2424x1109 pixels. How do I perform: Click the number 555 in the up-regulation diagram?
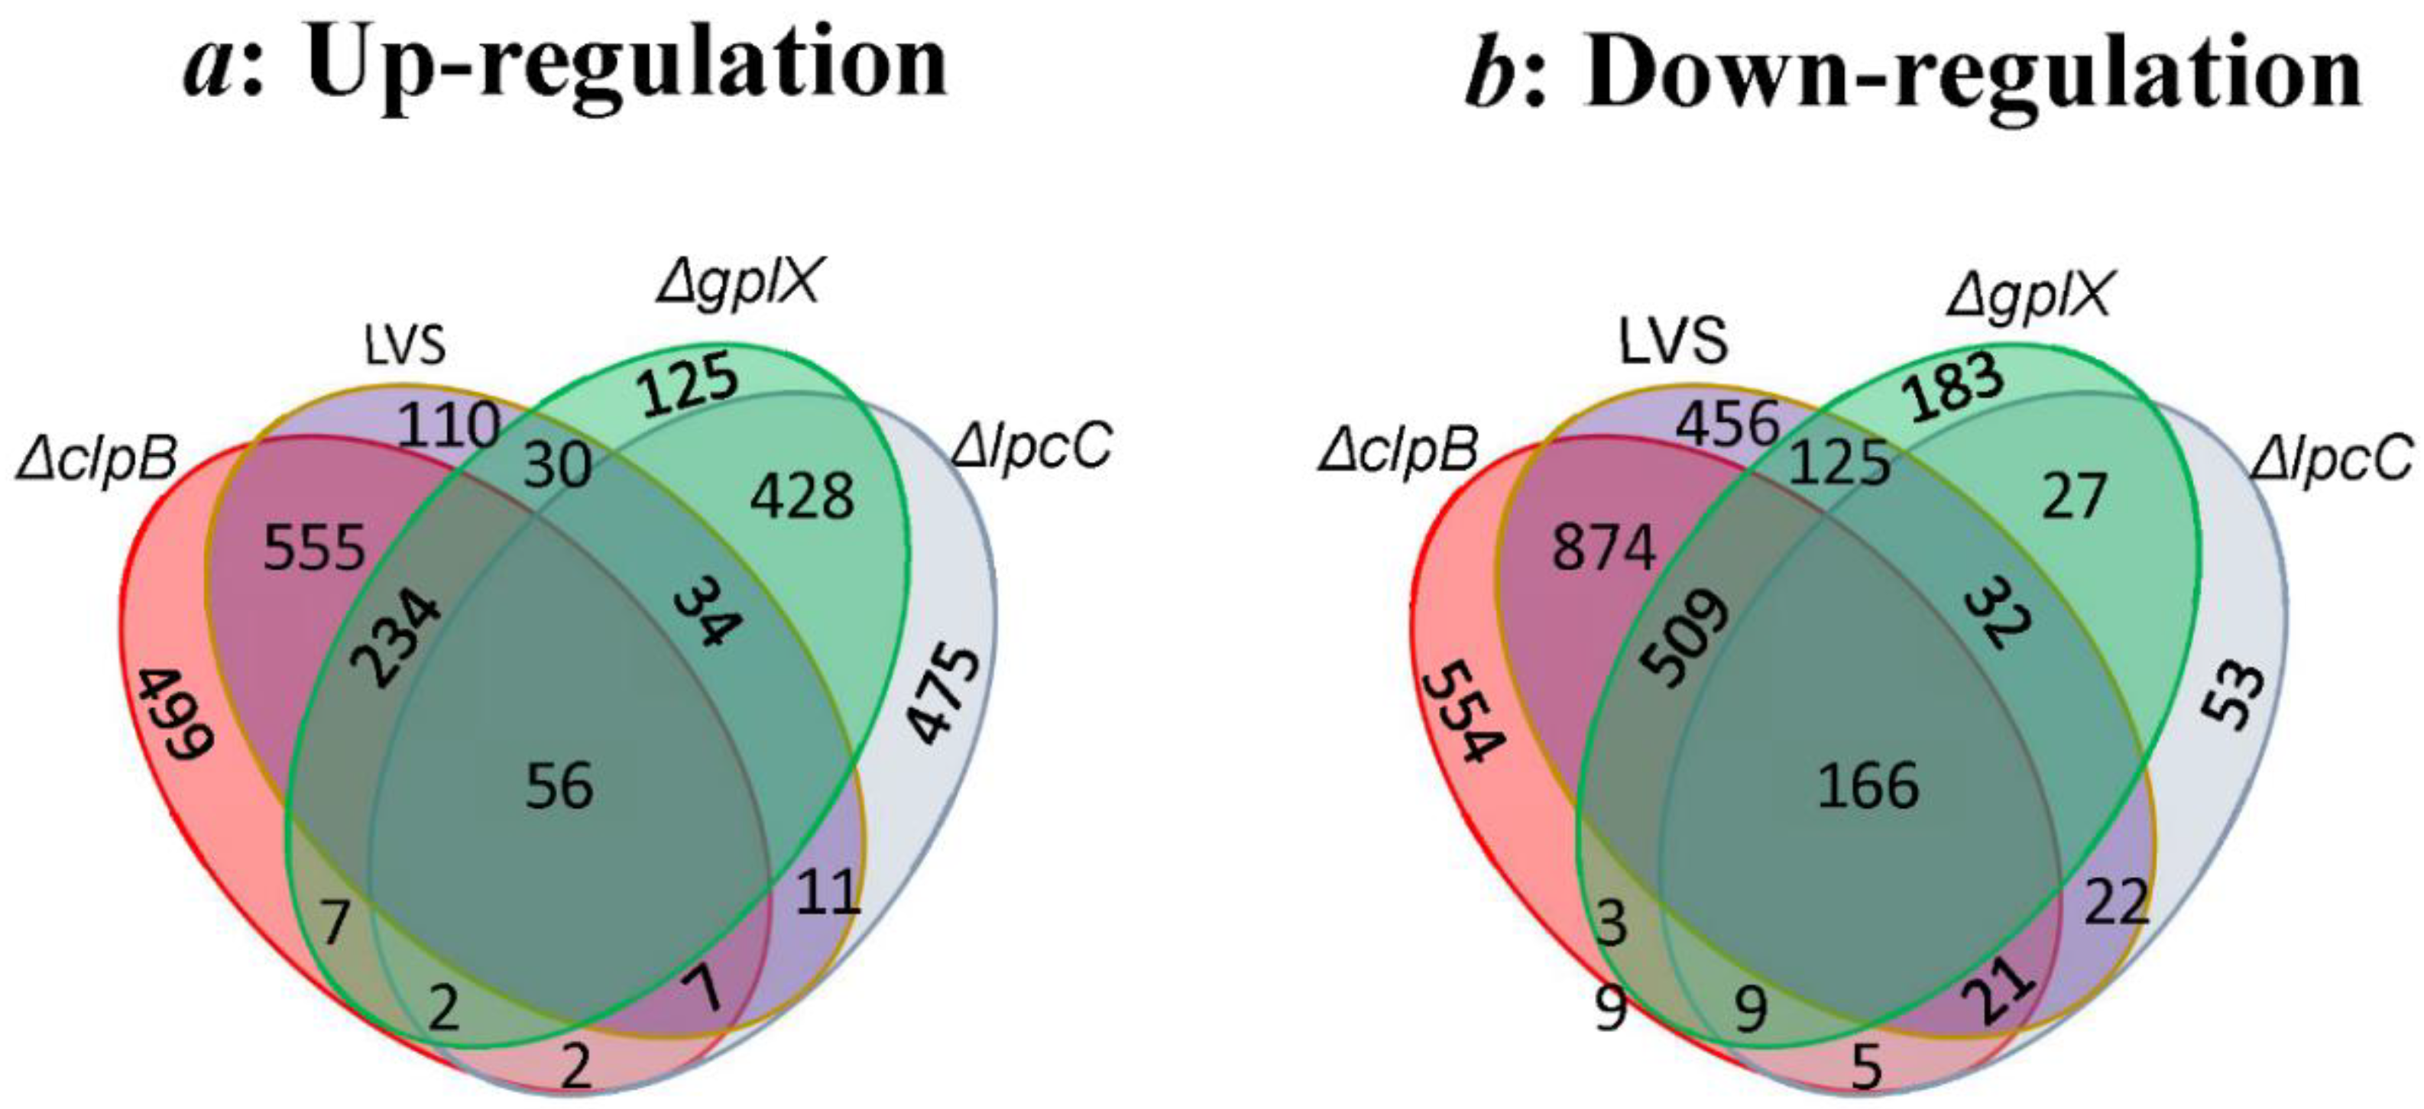pos(313,548)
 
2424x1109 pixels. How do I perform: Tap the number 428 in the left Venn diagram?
pos(802,496)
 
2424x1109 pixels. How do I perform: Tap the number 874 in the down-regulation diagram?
pos(1603,548)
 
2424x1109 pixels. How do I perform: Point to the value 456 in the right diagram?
pos(1729,423)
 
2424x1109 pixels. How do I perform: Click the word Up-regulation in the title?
pos(626,64)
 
